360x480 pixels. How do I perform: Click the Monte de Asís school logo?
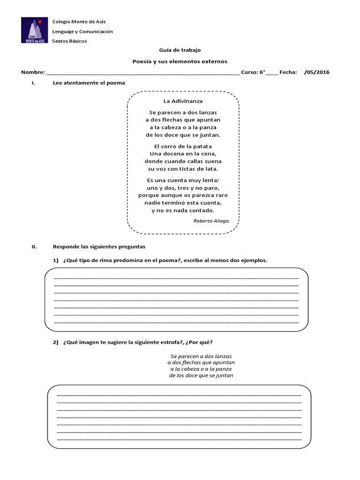(x=35, y=31)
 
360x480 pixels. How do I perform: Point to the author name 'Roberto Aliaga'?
(x=211, y=220)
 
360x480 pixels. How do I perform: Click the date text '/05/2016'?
(x=317, y=72)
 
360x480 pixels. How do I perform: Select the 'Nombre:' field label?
(x=32, y=72)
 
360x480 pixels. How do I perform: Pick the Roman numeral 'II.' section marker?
(x=28, y=246)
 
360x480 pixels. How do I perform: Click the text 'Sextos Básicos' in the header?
(x=69, y=41)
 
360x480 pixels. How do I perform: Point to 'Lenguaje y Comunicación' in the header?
(x=82, y=31)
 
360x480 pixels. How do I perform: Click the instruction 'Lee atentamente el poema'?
(x=89, y=83)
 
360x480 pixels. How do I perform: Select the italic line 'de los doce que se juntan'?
(x=201, y=375)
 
